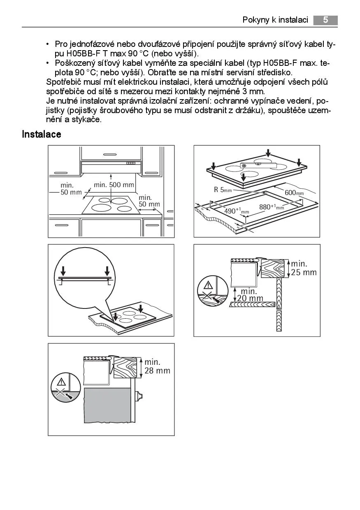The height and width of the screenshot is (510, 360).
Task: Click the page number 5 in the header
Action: click(x=325, y=20)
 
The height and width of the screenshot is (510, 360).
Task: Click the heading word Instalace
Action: click(x=42, y=134)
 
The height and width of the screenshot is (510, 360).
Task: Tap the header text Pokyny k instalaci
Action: click(x=275, y=20)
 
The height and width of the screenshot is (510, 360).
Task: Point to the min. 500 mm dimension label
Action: click(x=114, y=185)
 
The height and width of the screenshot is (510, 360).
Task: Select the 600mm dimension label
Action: click(x=294, y=192)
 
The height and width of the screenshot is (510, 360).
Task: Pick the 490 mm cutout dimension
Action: click(x=236, y=211)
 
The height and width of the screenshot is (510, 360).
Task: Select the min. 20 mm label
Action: click(x=249, y=295)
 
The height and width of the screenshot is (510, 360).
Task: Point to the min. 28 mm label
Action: click(x=157, y=366)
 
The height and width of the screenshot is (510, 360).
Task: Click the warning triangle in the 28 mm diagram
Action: click(x=61, y=381)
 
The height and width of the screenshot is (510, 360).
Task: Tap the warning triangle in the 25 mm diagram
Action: click(x=209, y=285)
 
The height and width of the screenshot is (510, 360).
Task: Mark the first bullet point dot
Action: click(x=48, y=44)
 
